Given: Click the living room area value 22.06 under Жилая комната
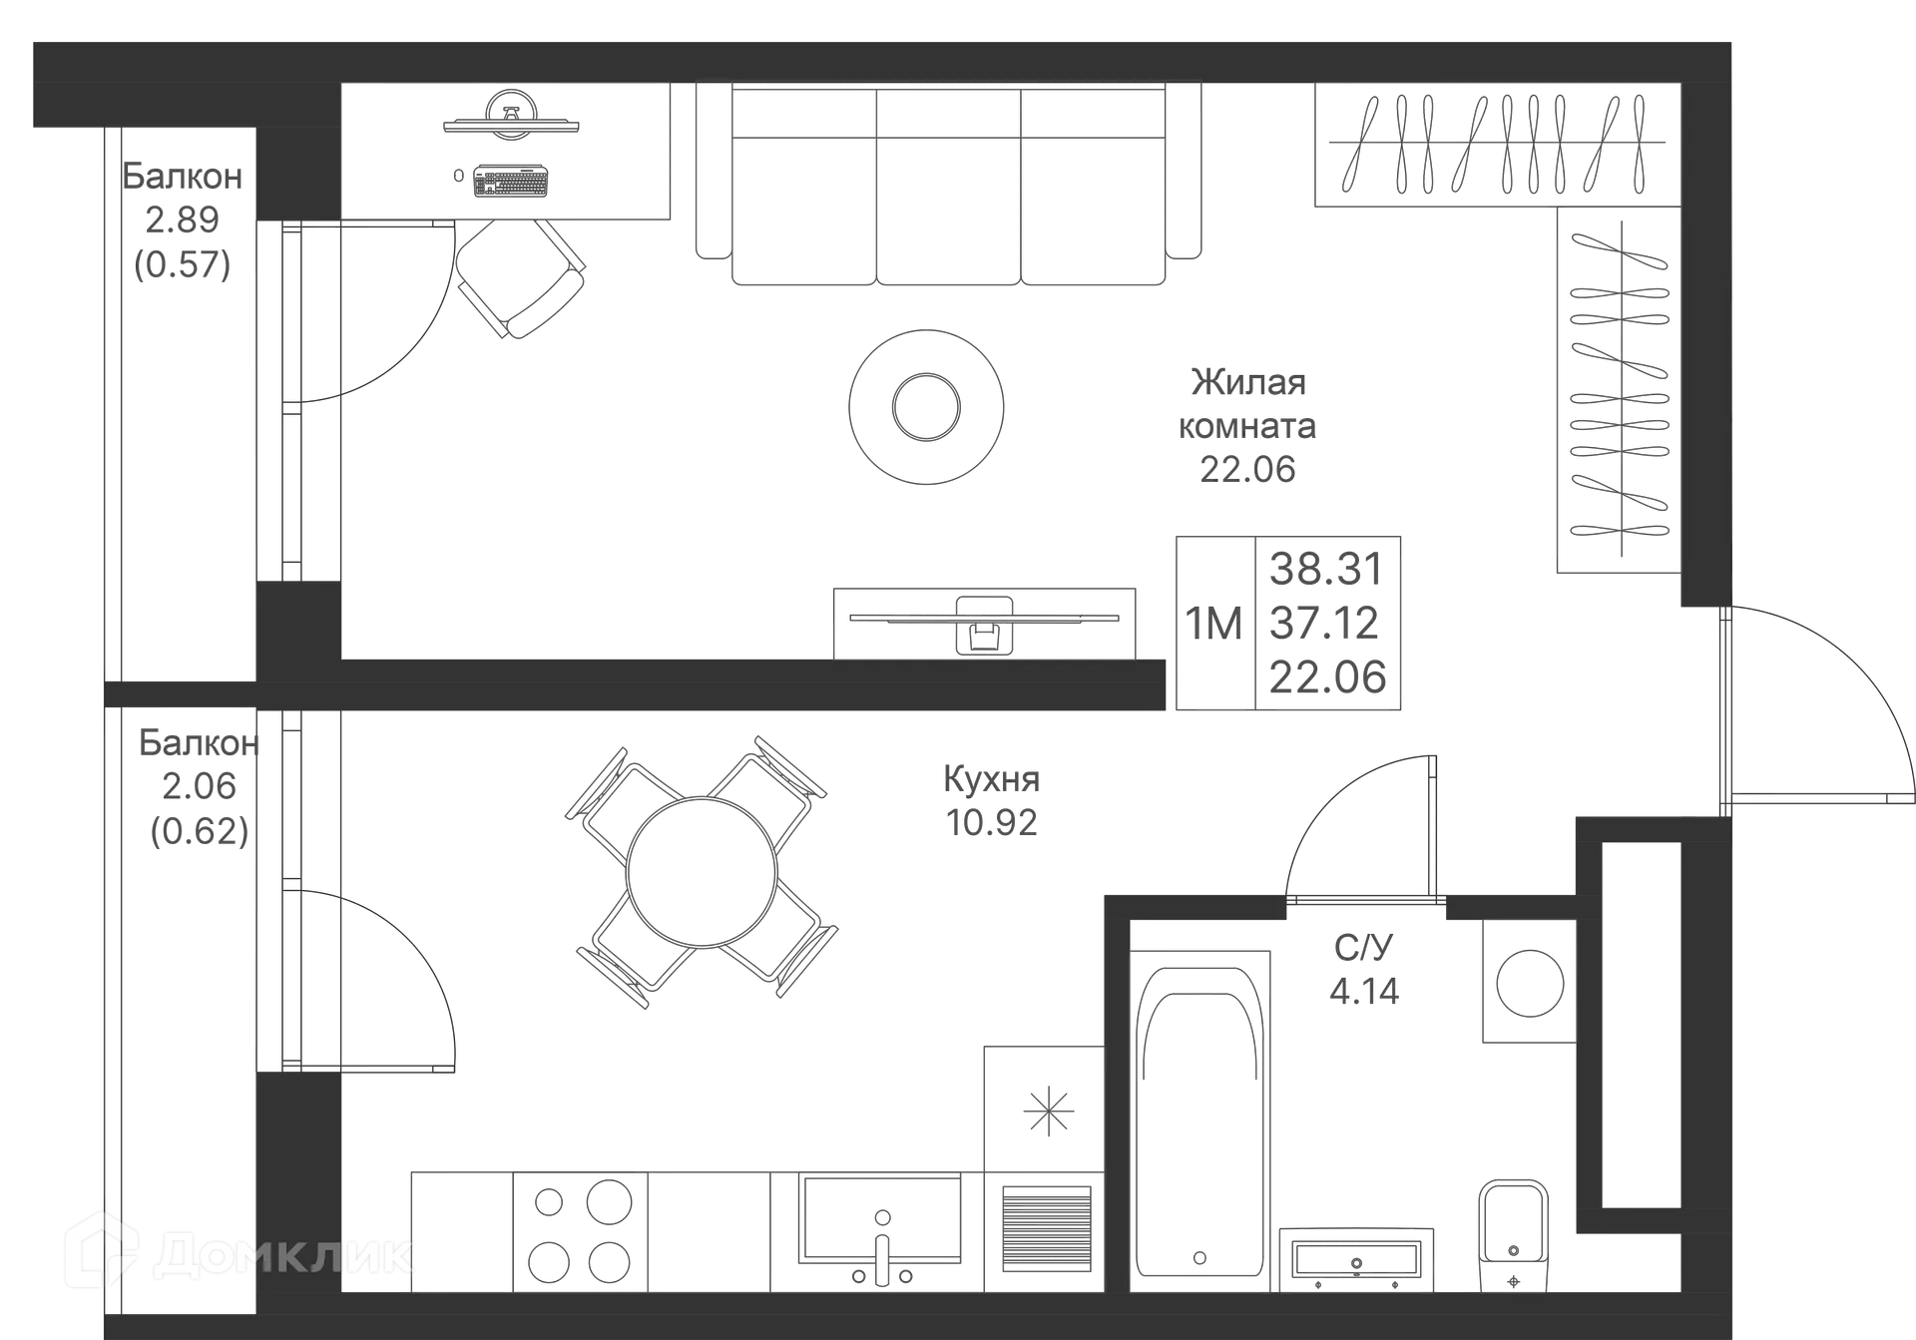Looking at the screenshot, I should click(1248, 469).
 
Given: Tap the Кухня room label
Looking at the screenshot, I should click(992, 779).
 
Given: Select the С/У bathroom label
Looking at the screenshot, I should click(1363, 944).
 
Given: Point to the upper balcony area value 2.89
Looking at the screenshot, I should click(182, 219).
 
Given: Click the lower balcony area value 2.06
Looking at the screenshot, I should click(200, 786).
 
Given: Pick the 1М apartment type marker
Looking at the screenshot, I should click(1214, 624).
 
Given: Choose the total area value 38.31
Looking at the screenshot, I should click(1326, 570).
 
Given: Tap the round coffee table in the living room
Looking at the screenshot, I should click(926, 406).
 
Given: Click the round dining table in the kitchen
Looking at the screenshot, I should click(702, 871).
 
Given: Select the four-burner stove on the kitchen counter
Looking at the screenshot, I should click(580, 1231).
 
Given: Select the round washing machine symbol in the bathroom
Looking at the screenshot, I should click(1527, 984).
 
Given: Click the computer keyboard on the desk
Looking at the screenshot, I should click(510, 180).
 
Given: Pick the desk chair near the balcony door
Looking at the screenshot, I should click(520, 276).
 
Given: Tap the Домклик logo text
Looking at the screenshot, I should click(284, 1255).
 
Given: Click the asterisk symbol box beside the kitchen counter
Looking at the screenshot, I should click(1045, 1109).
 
